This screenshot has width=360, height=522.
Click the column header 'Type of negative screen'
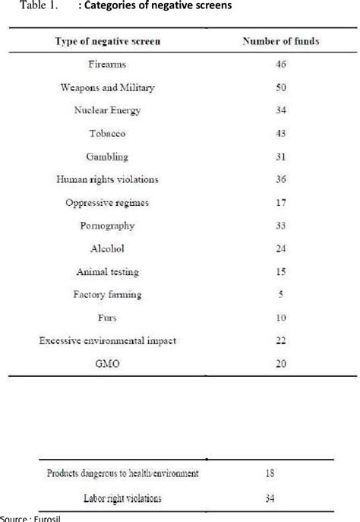coord(107,41)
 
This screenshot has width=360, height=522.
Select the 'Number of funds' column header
coord(281,41)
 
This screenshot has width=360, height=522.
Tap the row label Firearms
coord(107,65)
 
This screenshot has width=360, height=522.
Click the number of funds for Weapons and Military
coord(281,87)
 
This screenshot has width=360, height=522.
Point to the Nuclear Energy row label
coord(107,110)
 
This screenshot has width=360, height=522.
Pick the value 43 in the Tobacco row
coord(281,134)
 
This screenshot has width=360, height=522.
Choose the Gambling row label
coord(107,157)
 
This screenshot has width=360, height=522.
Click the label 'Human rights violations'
coord(107,179)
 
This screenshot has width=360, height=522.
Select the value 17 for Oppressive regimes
coord(281,202)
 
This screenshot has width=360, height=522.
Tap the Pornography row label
coord(107,226)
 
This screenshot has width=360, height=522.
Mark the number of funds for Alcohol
coord(281,248)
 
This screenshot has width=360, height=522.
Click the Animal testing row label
coord(107,271)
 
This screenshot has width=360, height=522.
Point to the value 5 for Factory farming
coord(281,295)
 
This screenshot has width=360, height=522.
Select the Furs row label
coord(107,318)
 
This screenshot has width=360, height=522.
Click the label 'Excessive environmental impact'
coord(107,340)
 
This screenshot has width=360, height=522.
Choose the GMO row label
coord(107,364)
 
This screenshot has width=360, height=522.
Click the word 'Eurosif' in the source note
coord(29,518)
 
